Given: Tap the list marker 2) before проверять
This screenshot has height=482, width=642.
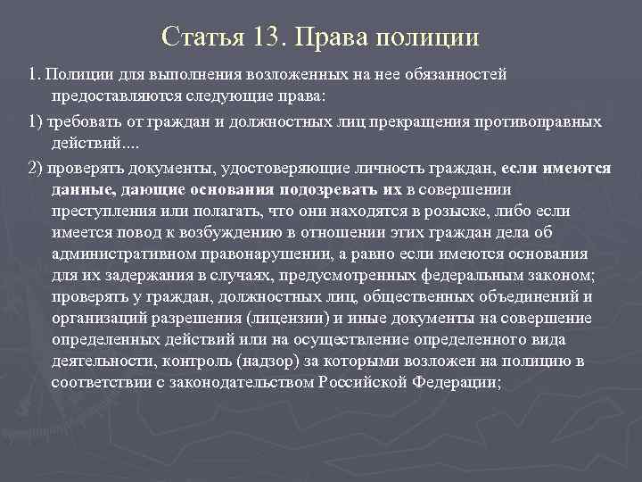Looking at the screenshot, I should click(35, 169).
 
